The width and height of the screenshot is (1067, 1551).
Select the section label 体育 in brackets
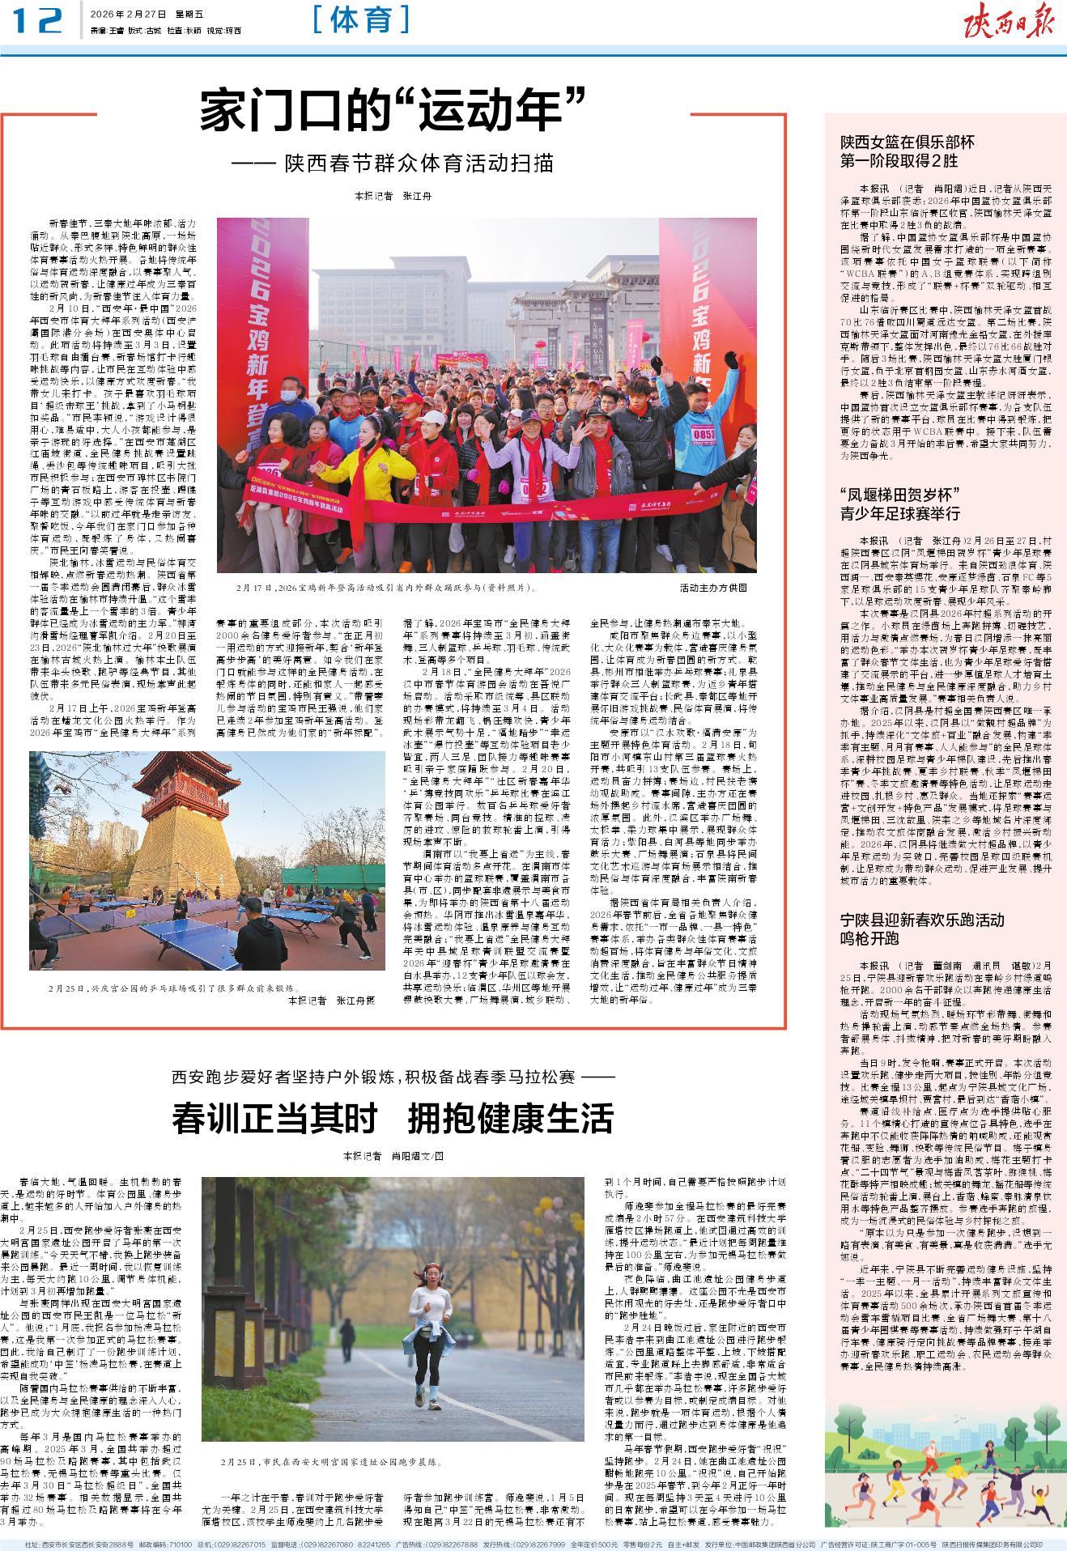tap(361, 20)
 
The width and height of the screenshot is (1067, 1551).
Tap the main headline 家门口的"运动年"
tap(393, 113)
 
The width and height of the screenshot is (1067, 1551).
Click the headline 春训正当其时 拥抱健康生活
tap(393, 1118)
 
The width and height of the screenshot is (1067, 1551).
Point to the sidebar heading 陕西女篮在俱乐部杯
tap(906, 142)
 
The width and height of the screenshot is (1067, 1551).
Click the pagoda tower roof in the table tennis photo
tap(172, 773)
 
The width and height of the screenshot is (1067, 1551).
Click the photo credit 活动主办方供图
tap(713, 589)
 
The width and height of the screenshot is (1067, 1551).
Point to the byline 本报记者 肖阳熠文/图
tap(393, 1155)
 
